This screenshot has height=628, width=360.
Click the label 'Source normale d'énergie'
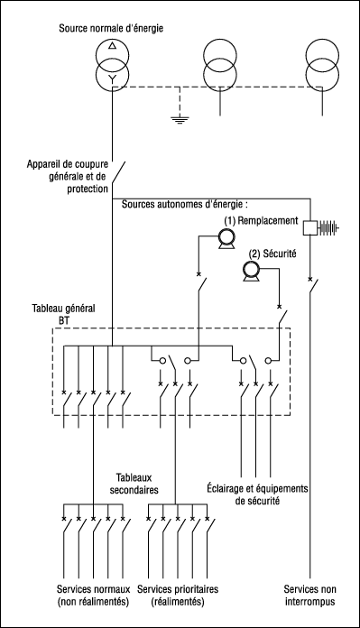click(x=111, y=29)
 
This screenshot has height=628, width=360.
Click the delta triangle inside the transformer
click(x=113, y=45)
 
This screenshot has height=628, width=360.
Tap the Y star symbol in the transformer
click(x=113, y=78)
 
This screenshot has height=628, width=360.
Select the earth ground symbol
click(x=180, y=120)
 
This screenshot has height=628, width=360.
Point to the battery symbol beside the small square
click(x=328, y=228)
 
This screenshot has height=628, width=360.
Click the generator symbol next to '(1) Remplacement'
click(x=226, y=239)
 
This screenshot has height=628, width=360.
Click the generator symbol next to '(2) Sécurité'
click(x=251, y=272)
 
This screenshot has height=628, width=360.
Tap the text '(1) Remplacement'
click(x=261, y=221)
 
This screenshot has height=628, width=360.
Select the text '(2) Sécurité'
click(x=272, y=254)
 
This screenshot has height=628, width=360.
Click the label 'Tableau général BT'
click(x=64, y=314)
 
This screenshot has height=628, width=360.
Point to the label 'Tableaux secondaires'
click(x=134, y=484)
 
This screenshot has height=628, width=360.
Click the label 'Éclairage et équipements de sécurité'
click(x=257, y=494)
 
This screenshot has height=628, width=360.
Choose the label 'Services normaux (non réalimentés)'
click(x=93, y=596)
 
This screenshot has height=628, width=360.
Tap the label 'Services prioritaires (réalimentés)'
click(x=178, y=596)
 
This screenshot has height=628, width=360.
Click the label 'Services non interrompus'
click(x=310, y=596)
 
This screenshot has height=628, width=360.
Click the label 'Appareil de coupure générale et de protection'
click(x=68, y=176)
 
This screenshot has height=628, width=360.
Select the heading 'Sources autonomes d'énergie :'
click(x=185, y=204)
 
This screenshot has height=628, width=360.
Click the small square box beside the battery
click(x=309, y=228)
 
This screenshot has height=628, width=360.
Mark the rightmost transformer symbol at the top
click(x=322, y=66)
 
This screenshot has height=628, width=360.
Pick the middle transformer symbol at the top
click(x=220, y=66)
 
